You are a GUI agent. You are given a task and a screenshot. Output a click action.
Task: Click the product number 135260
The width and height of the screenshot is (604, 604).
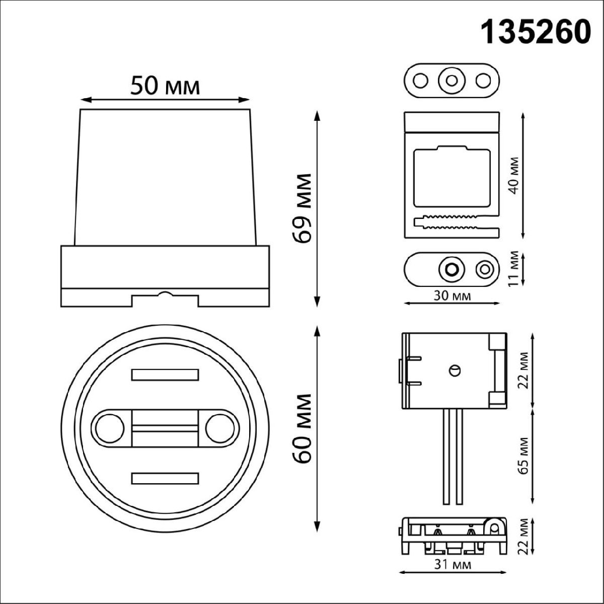[536, 32]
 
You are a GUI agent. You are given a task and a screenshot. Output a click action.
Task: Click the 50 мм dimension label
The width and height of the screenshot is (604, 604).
[165, 86]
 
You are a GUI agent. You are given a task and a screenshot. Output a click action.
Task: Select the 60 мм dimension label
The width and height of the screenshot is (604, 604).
[304, 428]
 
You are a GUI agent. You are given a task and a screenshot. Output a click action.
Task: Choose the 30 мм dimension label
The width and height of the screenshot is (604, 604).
[452, 296]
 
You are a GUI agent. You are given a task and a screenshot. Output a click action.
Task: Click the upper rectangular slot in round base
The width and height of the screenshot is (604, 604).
[165, 374]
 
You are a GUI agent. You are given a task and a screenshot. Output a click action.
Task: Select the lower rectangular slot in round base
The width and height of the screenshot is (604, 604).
[165, 478]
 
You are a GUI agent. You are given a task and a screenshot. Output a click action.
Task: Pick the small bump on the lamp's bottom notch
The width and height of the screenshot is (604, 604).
[165, 294]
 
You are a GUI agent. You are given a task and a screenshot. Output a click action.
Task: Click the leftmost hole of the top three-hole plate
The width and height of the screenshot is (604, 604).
[420, 80]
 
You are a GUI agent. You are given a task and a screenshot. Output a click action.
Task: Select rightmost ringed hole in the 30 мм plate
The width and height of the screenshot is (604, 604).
[485, 269]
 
